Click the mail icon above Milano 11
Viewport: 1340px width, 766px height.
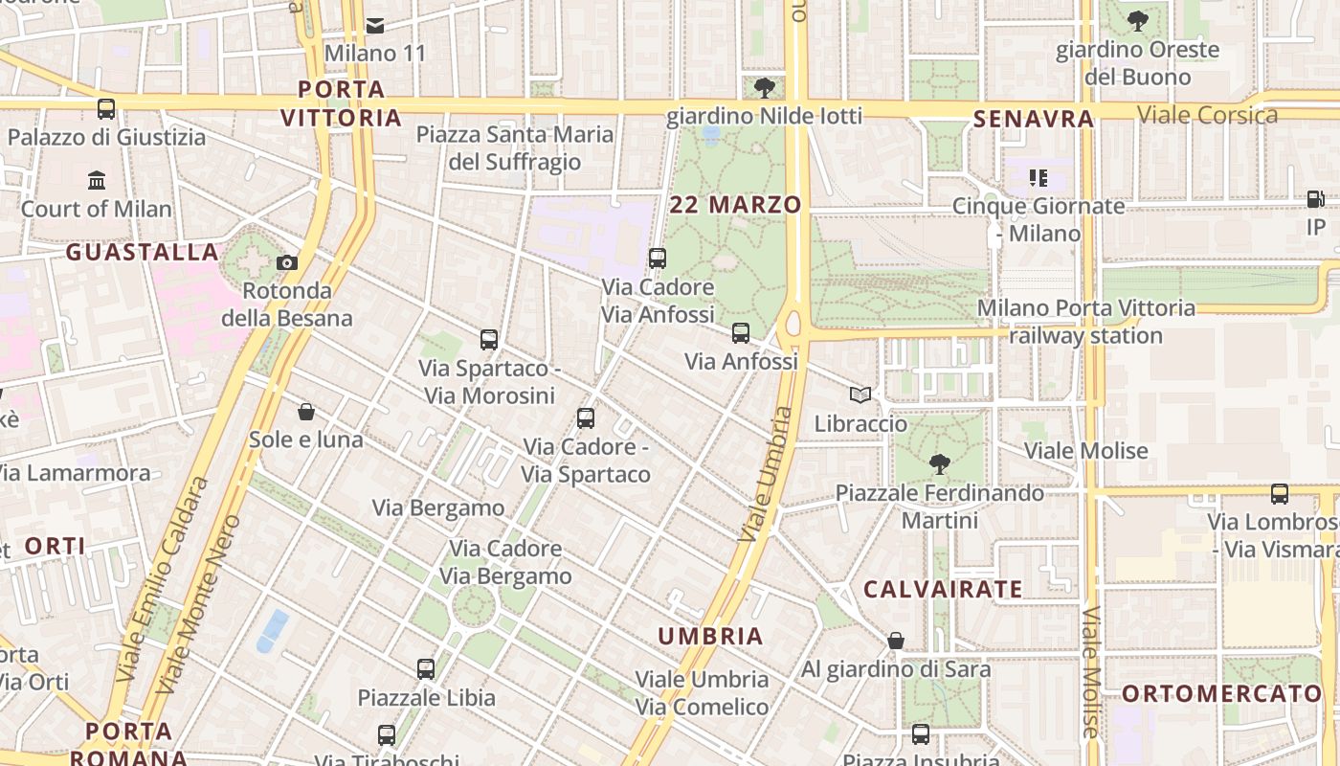point(375,25)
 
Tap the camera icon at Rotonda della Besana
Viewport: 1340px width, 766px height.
point(286,262)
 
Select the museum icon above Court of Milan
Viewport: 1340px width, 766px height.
point(97,180)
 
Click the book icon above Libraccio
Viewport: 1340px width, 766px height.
point(860,394)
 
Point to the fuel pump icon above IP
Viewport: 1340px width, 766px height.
point(1316,199)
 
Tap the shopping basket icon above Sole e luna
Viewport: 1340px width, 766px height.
point(306,412)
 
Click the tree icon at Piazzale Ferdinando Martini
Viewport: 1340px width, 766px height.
point(939,464)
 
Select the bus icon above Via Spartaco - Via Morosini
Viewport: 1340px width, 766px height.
point(489,340)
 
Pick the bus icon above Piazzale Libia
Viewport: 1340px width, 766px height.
point(426,669)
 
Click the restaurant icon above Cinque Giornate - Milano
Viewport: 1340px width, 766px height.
point(1038,178)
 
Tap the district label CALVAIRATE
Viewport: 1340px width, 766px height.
point(943,589)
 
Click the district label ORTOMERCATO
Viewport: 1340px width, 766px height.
point(1221,694)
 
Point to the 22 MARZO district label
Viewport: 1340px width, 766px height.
point(735,205)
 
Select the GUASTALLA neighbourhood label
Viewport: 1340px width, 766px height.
point(143,252)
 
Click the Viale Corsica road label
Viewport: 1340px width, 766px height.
point(1207,116)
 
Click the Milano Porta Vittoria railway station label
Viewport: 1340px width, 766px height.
point(1085,322)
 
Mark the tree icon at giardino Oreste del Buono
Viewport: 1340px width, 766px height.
point(1137,20)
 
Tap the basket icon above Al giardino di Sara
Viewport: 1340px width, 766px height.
point(896,641)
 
